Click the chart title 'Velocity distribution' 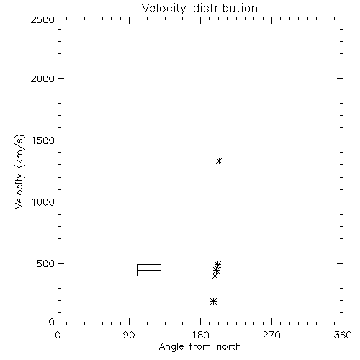tap(199, 8)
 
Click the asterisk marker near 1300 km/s tap(219, 161)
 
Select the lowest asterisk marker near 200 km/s tap(213, 301)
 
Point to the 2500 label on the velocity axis tap(42, 19)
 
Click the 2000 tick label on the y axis tap(42, 78)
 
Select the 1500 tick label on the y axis tap(43, 140)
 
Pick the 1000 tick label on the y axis tap(43, 202)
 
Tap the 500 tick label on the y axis tap(46, 264)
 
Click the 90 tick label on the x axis tap(129, 335)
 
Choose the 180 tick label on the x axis tap(200, 335)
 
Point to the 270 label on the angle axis tap(271, 335)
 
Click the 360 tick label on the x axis tap(343, 335)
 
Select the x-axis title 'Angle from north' tap(200, 347)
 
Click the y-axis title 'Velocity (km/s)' tap(19, 171)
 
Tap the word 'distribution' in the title tap(225, 8)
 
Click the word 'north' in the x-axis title tap(229, 347)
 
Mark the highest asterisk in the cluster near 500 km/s tap(217, 265)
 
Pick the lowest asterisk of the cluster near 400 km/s tap(215, 276)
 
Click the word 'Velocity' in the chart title tap(163, 9)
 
